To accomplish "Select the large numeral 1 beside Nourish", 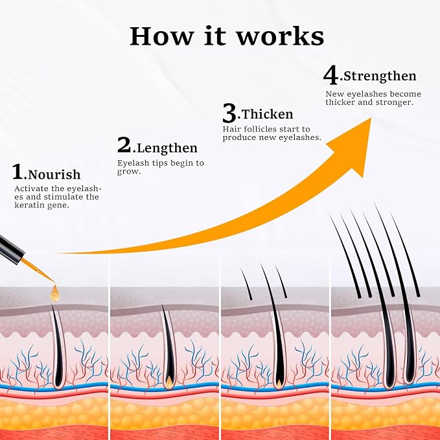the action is coord(17,172).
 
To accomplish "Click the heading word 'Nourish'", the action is coord(54,174).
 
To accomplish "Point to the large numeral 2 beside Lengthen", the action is coord(124,145).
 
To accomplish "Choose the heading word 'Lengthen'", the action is coord(167,148).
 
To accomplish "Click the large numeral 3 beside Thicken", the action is coord(229,113).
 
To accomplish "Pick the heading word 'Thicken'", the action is coord(267,114).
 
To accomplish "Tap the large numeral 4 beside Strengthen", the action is coord(330,75).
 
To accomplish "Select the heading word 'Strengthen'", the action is coord(380,76).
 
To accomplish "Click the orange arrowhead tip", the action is coord(371,119).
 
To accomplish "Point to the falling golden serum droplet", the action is coord(54,294).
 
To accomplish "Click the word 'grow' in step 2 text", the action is coord(128,172).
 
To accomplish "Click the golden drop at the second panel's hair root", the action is coord(169,381).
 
